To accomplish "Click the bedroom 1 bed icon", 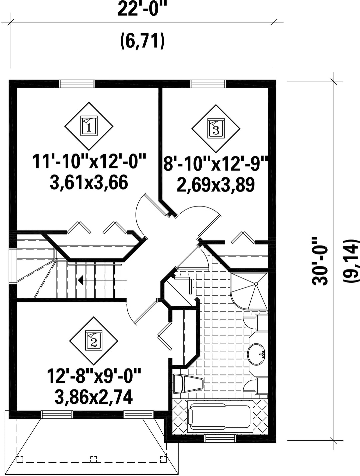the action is tap(89, 126).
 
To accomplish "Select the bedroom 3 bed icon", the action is tap(216, 128).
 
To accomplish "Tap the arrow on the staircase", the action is tap(102, 280).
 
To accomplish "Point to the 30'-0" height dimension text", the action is tap(319, 261).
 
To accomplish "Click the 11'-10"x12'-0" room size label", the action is tap(89, 161).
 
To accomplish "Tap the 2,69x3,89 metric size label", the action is tap(215, 185).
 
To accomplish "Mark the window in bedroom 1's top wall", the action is tap(77, 84).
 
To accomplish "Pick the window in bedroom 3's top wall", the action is tap(208, 84).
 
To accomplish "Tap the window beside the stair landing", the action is tap(13, 266).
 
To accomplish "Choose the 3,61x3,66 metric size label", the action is tap(89, 183).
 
